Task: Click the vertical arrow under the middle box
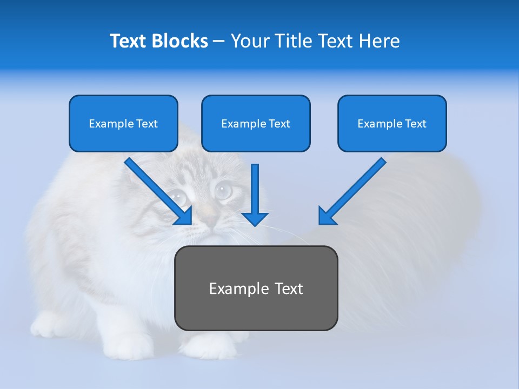pos(255,194)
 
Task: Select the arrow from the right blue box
pos(351,192)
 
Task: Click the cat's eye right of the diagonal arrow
pos(222,190)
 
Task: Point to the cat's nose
pos(210,221)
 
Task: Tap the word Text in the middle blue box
pos(279,124)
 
